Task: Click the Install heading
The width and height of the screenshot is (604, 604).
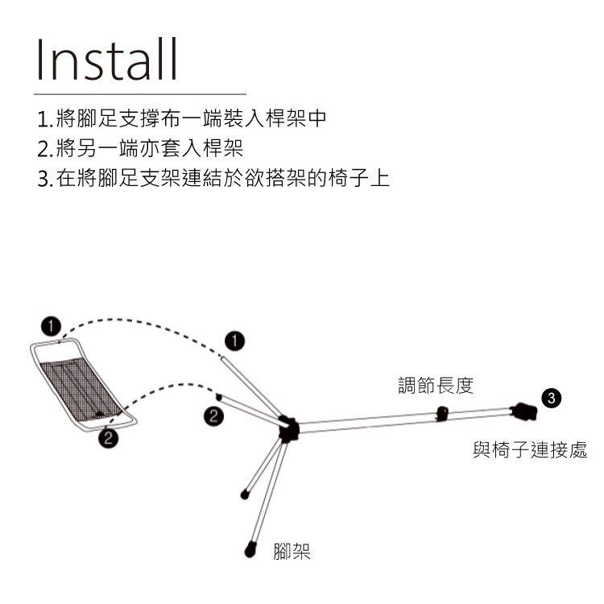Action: pos(107,59)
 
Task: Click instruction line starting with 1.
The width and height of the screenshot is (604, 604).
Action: pos(182,118)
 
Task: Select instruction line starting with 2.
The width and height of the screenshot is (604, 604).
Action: pos(140,148)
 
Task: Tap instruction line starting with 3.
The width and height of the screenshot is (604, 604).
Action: pos(213,178)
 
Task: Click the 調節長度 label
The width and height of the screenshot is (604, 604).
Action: pos(436,386)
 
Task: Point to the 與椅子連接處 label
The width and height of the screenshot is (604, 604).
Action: pos(530,449)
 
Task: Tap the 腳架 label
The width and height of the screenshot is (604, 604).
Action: pos(292,551)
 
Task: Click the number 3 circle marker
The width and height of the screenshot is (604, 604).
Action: pos(551,398)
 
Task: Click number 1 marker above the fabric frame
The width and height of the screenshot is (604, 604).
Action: pos(52,327)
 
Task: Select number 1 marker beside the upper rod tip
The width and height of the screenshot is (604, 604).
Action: pos(234,341)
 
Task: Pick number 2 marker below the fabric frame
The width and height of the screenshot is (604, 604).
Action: pos(108,438)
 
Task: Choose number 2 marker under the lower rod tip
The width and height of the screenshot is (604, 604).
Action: pos(213,416)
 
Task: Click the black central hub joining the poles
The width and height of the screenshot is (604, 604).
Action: pos(288,428)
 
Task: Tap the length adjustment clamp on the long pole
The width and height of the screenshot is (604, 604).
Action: pos(441,413)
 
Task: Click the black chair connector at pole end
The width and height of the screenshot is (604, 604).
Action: pos(524,412)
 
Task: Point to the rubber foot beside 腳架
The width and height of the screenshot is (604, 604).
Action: pos(250,550)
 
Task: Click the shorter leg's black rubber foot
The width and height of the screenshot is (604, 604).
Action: pos(245,494)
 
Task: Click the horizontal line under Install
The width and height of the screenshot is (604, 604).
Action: pos(140,93)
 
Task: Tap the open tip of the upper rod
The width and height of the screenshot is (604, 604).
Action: pos(222,359)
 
